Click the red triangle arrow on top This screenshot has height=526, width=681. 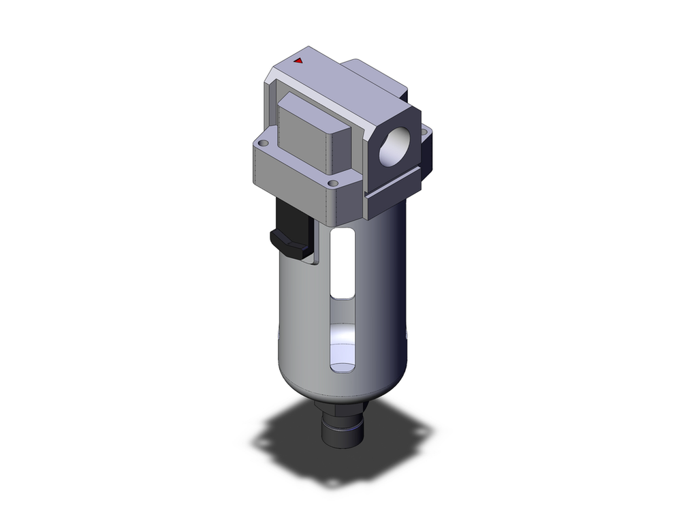(x=298, y=61)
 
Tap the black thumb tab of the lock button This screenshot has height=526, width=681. (x=286, y=243)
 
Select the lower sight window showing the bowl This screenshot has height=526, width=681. (x=341, y=347)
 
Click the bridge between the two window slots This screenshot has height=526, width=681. (x=341, y=309)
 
